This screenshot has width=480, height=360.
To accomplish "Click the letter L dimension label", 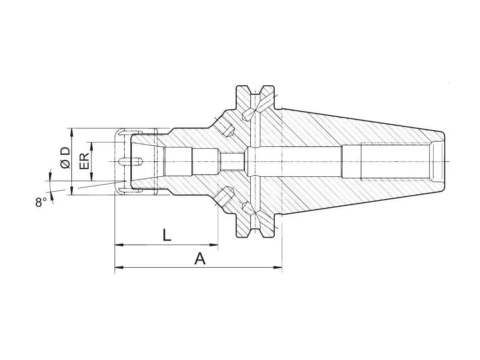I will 166,234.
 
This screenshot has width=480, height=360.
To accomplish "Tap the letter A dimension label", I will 200,258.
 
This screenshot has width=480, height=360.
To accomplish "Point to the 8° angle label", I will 41,202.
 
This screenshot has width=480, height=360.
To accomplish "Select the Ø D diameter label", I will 65,157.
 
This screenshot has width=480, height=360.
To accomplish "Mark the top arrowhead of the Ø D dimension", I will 72,131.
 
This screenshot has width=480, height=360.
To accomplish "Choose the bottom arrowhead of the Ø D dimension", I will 72,192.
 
